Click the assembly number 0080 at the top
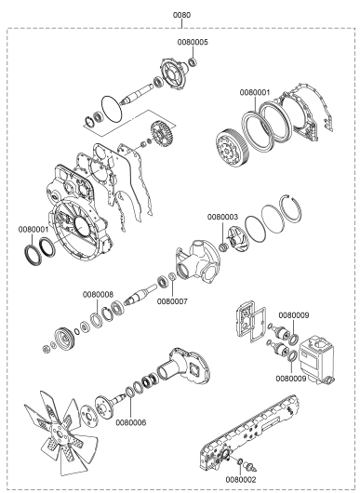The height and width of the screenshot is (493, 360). point(181,15)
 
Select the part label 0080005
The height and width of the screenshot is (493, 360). point(193,42)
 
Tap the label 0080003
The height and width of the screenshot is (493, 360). point(223,218)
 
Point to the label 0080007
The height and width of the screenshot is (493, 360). point(172,301)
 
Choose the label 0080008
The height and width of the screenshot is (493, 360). point(98,295)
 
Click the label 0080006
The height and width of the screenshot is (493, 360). point(131,423)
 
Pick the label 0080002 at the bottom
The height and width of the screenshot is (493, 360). point(241,479)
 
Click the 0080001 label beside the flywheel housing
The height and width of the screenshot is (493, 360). point(33,230)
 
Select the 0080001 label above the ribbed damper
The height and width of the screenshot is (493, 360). point(255,92)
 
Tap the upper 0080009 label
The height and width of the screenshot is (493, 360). point(294,315)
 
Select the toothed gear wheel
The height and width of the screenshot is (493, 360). point(162,136)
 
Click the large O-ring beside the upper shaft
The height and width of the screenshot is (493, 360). point(112,109)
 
